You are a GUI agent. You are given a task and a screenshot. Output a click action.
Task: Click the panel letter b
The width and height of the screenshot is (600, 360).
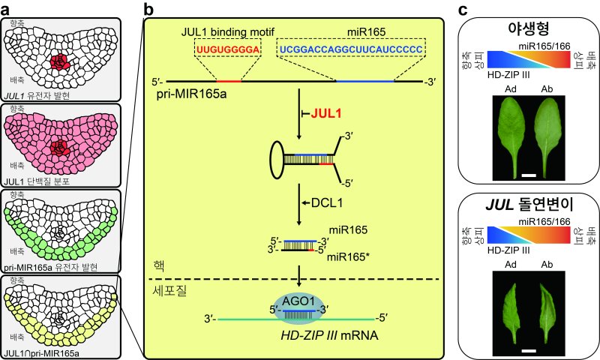[148, 10]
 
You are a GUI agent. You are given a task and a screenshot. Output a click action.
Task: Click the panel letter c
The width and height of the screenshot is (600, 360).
[463, 10]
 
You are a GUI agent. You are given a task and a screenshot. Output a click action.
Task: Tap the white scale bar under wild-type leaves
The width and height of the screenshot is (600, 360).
[528, 175]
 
